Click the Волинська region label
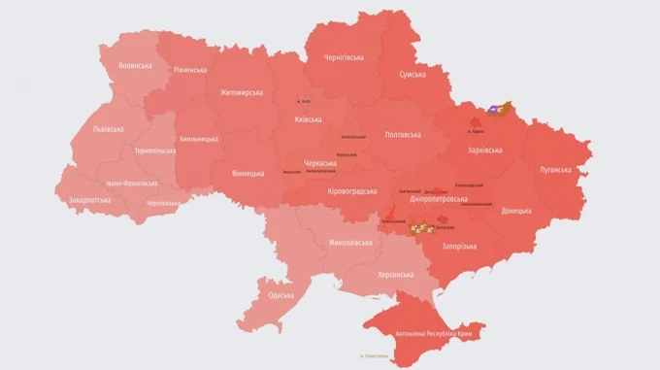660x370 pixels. point(135,65)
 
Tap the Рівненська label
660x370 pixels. point(190,70)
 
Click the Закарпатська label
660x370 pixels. point(90,200)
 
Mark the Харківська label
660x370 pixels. point(483,150)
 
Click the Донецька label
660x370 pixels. point(515,210)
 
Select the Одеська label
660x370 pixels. point(281,294)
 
